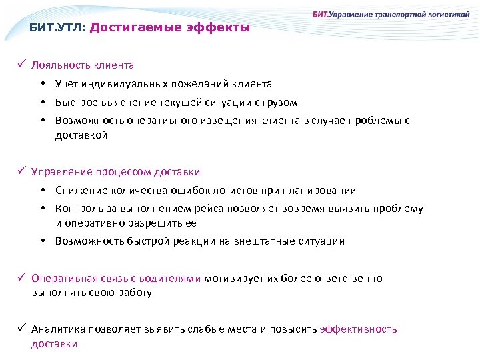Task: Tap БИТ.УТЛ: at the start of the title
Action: coord(57,28)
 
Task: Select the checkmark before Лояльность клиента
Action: coord(21,65)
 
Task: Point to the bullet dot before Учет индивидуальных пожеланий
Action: coord(42,84)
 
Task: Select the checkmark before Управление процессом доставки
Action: coord(21,172)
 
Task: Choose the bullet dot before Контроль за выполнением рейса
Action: coord(42,209)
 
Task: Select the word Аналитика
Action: coord(57,329)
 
